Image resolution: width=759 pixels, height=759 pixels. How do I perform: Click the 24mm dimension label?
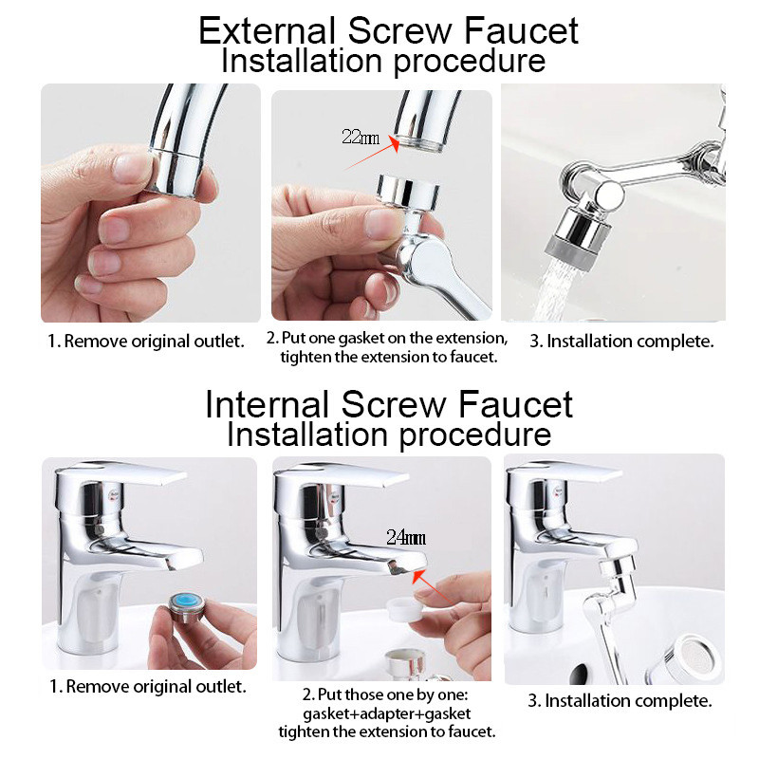[x=405, y=537]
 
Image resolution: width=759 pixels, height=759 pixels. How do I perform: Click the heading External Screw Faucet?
[x=388, y=31]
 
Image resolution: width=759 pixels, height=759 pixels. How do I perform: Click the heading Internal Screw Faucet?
[x=389, y=404]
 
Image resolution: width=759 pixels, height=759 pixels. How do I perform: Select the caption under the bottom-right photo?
[x=620, y=702]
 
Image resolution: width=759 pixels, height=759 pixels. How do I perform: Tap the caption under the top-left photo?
[x=146, y=341]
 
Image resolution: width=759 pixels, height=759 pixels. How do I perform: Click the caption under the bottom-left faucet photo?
[x=147, y=685]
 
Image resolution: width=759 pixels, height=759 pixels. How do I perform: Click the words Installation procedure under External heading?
[x=383, y=62]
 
